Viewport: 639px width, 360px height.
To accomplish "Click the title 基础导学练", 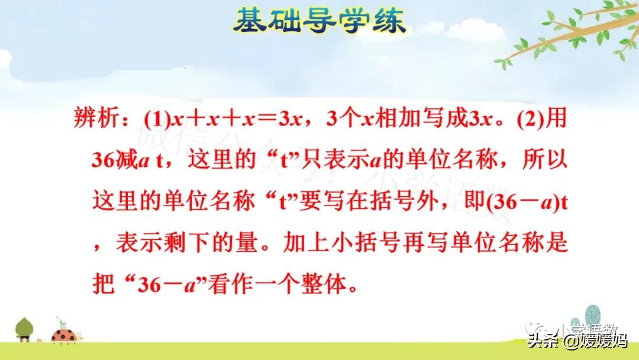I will tap(319, 22).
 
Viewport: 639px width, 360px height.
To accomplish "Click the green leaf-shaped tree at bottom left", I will tap(24, 328).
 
